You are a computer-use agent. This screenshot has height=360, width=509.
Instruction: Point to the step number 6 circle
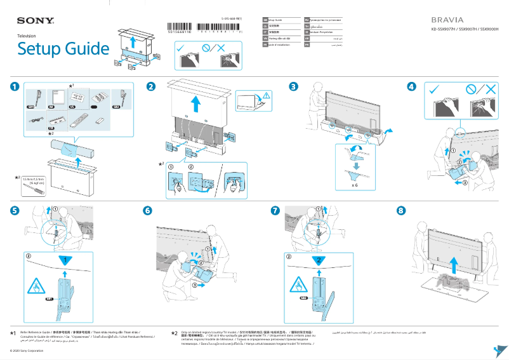point(148,210)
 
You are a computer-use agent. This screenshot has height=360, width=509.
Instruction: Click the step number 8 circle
point(275,210)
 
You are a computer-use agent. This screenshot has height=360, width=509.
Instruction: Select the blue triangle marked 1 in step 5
point(64,261)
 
